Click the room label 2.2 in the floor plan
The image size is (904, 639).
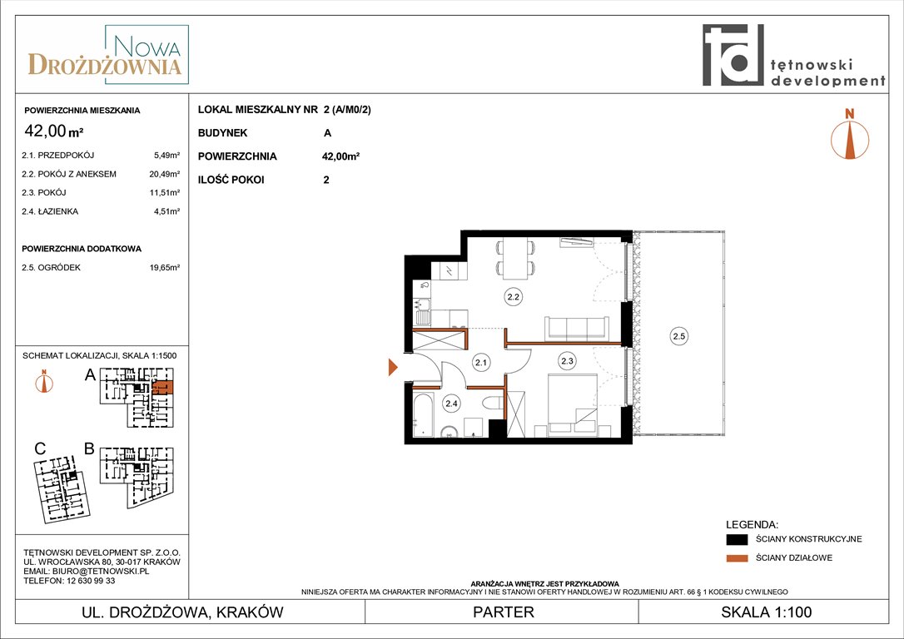513,297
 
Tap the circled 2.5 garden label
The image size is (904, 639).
678,336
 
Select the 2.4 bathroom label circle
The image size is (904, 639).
451,404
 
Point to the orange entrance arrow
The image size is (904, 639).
393,367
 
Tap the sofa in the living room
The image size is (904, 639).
577,329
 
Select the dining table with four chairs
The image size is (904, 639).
515,258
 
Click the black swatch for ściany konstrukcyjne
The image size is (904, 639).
737,539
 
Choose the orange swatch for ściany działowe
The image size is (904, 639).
737,557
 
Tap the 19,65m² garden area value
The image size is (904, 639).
165,267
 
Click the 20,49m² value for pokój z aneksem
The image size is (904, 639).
165,174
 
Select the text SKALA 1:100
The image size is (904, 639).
766,612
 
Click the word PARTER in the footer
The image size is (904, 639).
504,612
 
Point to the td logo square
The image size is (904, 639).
733,55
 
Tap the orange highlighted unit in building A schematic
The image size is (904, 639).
163,387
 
